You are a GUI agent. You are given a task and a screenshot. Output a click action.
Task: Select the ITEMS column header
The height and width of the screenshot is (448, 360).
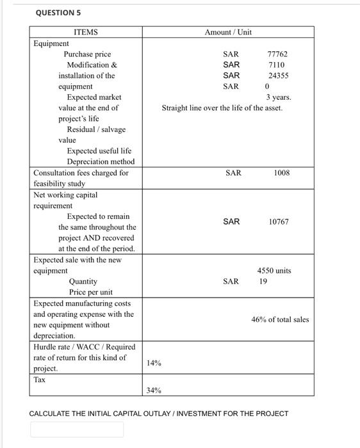click(x=86, y=32)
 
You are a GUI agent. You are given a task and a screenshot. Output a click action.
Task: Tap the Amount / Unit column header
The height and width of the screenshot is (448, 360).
click(x=227, y=32)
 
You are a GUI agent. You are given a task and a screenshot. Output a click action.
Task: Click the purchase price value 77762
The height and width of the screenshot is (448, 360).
click(x=277, y=54)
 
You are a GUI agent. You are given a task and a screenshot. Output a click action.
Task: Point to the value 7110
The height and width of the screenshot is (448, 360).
click(x=277, y=65)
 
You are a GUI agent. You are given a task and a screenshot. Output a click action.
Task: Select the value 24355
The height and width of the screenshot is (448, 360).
click(x=278, y=76)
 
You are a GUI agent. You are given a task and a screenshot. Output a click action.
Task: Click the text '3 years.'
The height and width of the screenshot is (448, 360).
click(x=279, y=97)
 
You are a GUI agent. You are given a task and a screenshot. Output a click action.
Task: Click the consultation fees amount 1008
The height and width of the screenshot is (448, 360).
click(x=282, y=173)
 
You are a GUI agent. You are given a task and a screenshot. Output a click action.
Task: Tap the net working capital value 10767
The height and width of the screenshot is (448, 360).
click(x=279, y=221)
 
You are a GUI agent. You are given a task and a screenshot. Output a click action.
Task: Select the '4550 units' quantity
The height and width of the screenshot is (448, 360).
click(x=274, y=271)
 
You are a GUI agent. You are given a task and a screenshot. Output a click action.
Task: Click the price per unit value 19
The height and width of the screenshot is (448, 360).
click(x=263, y=281)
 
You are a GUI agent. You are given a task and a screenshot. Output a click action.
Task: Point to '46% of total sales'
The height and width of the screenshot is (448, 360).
click(x=279, y=319)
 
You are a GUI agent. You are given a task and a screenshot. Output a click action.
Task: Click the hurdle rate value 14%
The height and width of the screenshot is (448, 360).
click(x=154, y=363)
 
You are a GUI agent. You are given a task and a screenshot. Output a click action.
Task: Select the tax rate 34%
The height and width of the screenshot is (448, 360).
click(x=154, y=390)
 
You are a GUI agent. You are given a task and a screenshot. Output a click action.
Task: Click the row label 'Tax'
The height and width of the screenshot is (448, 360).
click(x=40, y=380)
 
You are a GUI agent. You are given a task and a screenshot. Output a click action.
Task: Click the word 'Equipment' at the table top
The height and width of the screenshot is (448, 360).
click(x=51, y=44)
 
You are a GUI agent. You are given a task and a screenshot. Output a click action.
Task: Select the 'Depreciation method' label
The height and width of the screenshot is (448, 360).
click(x=101, y=161)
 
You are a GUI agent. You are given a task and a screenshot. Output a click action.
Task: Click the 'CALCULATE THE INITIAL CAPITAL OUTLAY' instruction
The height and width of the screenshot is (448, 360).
click(x=159, y=413)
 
